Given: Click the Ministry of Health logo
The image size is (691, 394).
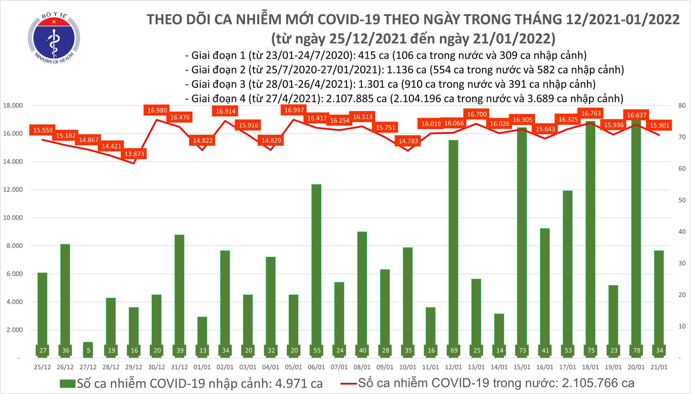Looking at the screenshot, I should (54, 38).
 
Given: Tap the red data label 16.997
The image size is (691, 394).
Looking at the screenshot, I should (294, 110).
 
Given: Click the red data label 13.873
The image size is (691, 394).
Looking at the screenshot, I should (134, 154).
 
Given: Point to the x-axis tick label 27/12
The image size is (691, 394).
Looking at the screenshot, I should (88, 367).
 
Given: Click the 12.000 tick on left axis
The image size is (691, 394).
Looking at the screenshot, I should (13, 190).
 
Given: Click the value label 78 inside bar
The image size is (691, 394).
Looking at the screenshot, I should (636, 350).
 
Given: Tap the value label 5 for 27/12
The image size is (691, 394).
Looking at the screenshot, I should (88, 350).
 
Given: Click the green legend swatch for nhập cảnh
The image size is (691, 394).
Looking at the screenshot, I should (67, 384).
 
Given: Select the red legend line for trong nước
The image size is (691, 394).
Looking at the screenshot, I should (348, 383).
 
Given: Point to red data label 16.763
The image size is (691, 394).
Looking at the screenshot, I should (591, 113).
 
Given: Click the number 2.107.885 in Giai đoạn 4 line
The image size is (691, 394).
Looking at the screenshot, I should (356, 99).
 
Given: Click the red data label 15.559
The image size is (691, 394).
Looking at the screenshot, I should (43, 130).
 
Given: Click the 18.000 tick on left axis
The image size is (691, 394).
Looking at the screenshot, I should (13, 105).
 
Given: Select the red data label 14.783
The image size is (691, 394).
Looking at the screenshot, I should (408, 141).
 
